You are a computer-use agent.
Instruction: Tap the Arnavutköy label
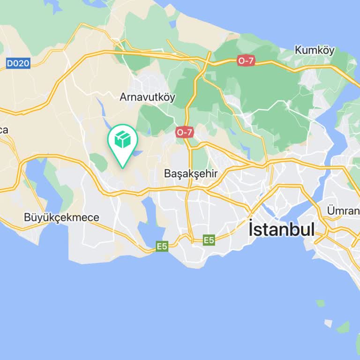click(x=147, y=97)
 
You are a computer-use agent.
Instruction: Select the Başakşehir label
click(x=191, y=173)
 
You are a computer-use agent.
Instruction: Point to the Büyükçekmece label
click(x=61, y=217)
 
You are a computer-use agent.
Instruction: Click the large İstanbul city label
click(x=281, y=229)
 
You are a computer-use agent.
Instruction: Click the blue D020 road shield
click(x=18, y=63)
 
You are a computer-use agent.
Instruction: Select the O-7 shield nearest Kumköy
click(x=246, y=60)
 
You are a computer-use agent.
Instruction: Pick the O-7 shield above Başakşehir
click(x=185, y=132)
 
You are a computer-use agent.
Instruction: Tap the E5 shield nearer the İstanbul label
click(x=209, y=240)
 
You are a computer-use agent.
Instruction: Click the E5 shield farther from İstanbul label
click(x=162, y=246)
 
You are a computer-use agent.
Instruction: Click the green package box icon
click(x=122, y=139)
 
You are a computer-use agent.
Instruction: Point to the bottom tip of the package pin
click(x=122, y=167)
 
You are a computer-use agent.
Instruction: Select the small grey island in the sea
click(x=329, y=323)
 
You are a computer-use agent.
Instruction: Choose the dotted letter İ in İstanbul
click(x=252, y=228)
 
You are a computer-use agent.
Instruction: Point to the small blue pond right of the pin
click(x=136, y=153)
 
